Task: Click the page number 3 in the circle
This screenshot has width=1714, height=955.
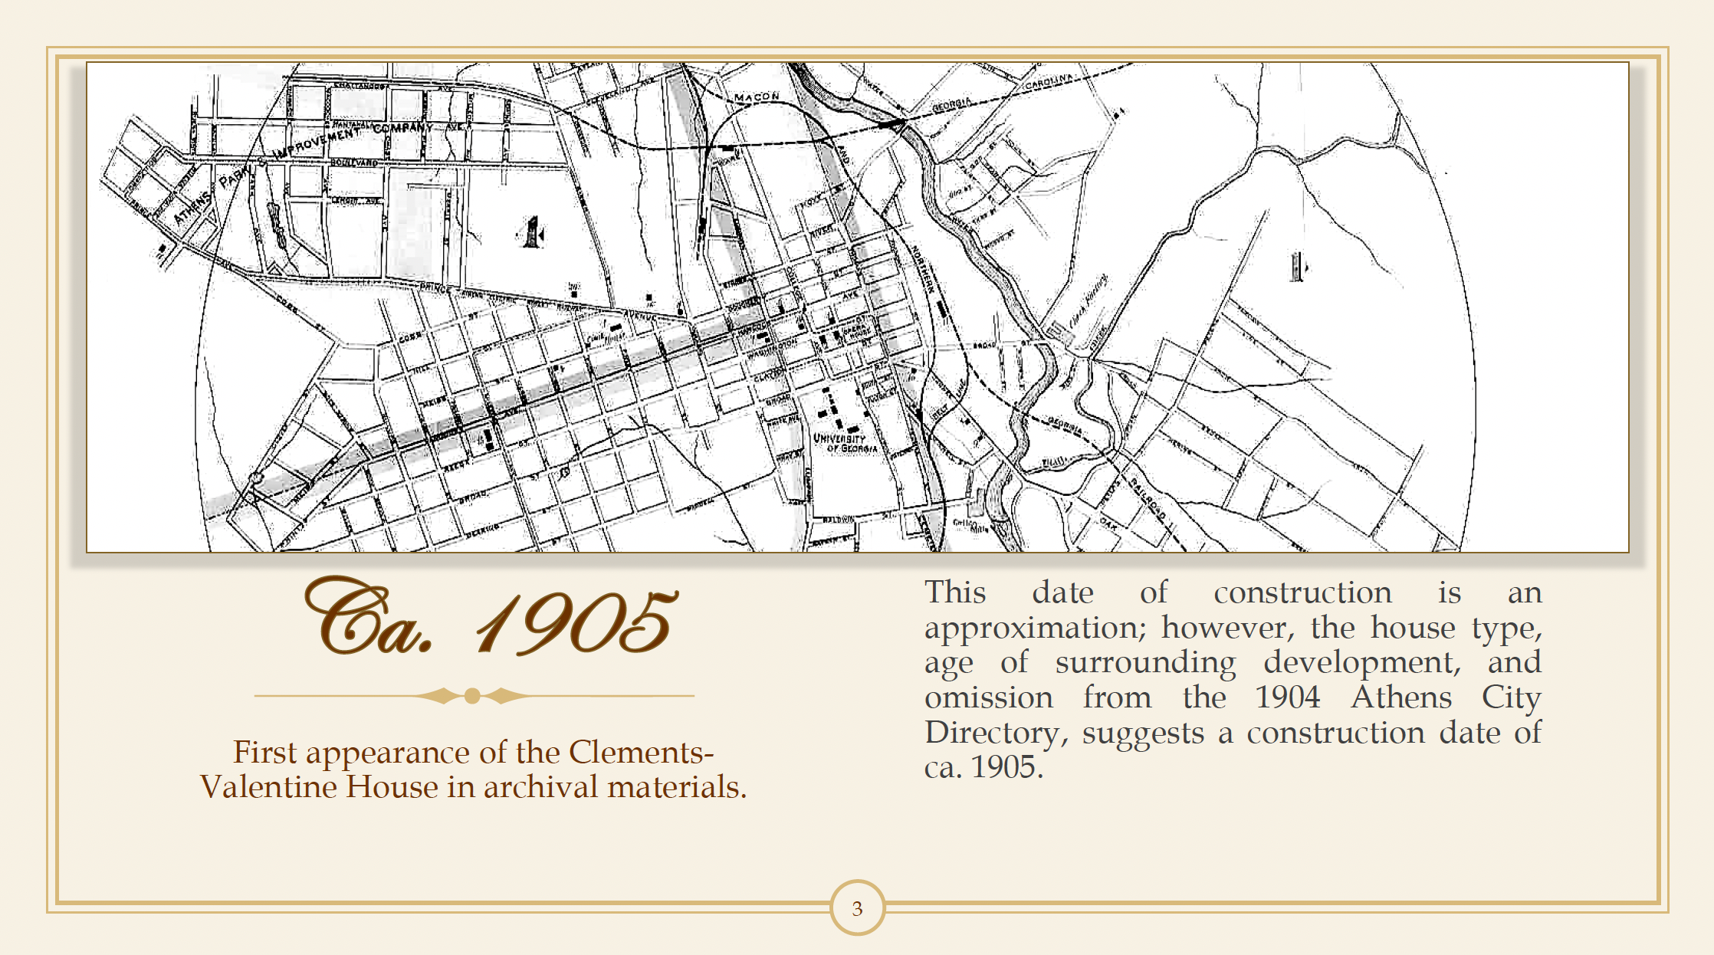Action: [857, 908]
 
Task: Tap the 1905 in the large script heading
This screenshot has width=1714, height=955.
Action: [576, 622]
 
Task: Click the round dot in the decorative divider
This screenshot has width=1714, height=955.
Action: [472, 696]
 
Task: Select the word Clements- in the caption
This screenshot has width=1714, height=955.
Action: [642, 752]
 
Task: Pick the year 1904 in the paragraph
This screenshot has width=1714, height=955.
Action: [1288, 697]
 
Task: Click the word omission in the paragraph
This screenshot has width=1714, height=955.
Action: [989, 697]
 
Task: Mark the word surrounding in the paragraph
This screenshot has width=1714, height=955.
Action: [1145, 662]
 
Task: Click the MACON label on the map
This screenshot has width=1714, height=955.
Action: [757, 97]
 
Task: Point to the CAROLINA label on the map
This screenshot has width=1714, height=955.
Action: [1049, 81]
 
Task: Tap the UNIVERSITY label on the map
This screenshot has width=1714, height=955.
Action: [839, 438]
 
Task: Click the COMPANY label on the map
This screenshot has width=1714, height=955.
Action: [403, 127]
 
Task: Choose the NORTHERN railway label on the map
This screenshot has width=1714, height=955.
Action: [922, 269]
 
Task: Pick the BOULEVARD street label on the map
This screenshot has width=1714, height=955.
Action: [354, 162]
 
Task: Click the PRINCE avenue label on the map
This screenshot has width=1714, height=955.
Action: [437, 288]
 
